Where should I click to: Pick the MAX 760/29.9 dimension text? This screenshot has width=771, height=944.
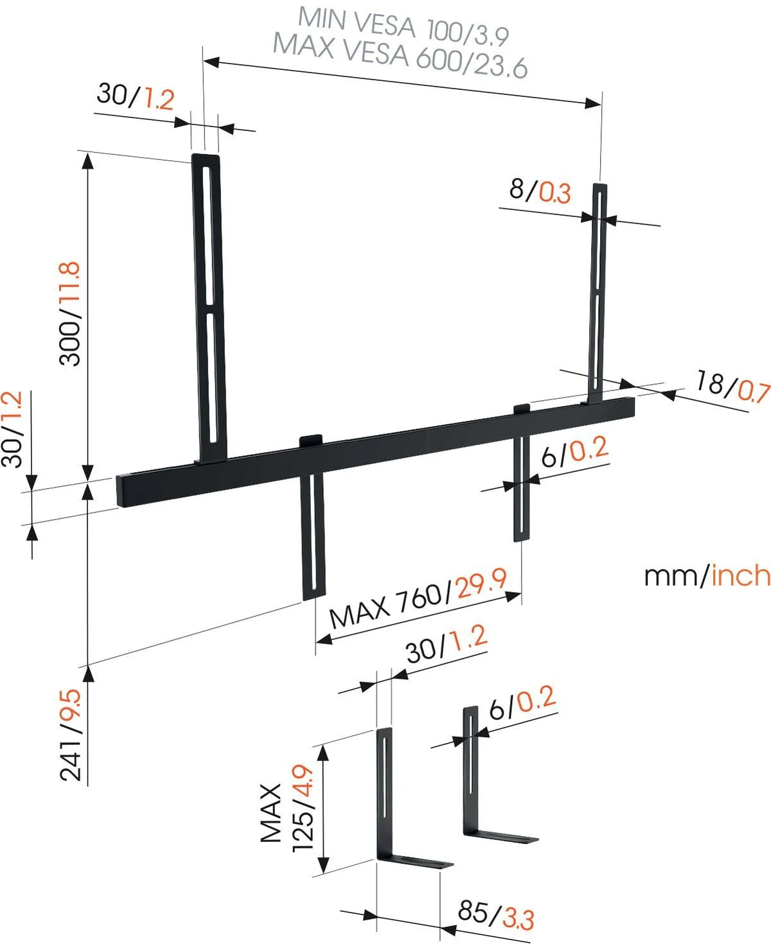pos(418,600)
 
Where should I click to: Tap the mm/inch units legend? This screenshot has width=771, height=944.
pos(706,575)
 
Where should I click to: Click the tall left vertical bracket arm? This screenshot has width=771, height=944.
pos(209,308)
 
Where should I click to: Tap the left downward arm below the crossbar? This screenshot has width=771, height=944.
pos(314,533)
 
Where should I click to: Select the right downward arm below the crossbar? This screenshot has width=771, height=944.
pos(522,488)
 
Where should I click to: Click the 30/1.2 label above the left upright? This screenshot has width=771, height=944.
pos(136,98)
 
